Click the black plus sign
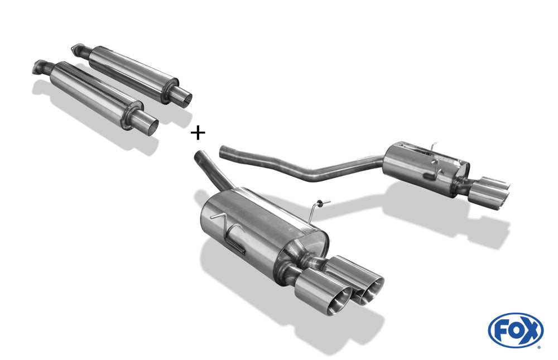(x=198, y=133)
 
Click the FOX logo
(x=516, y=330)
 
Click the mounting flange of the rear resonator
(x=78, y=49)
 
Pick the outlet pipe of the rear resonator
(x=182, y=96)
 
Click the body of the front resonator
(x=94, y=94)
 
